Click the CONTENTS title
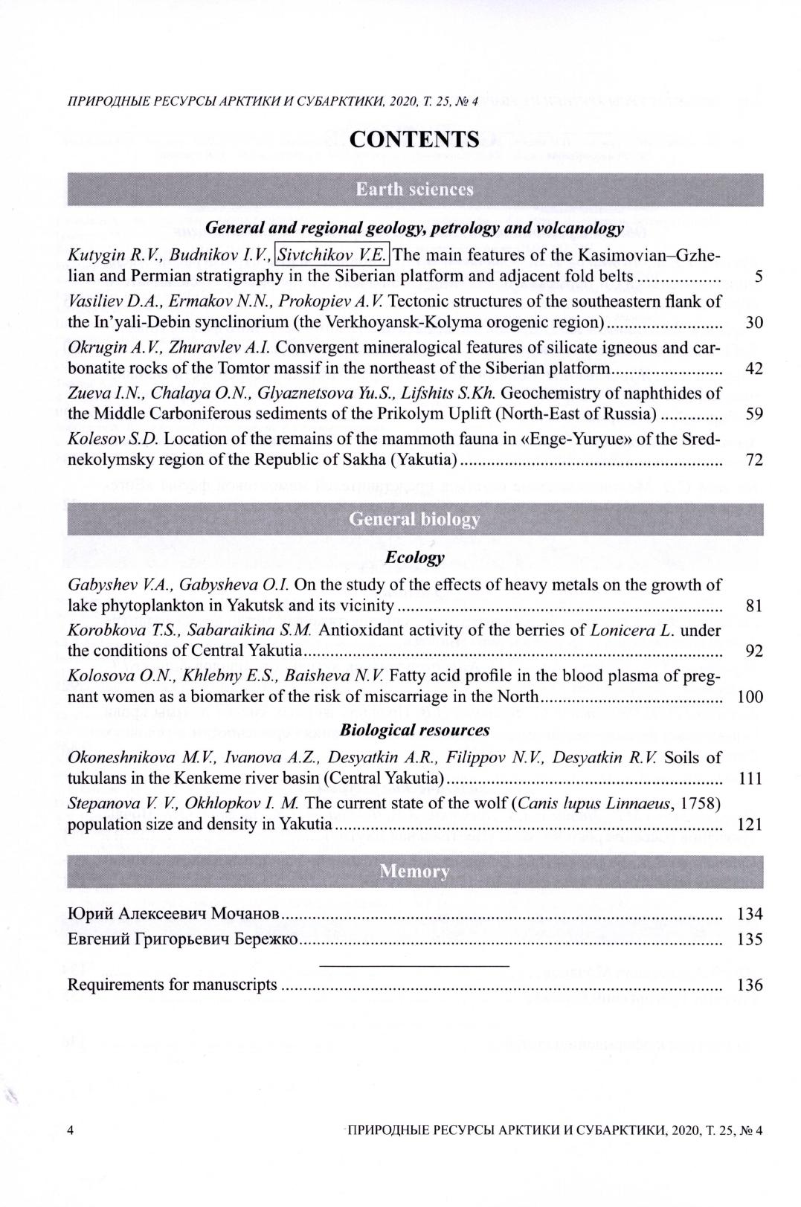tap(414, 139)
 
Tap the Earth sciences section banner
tap(414, 189)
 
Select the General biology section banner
tap(414, 519)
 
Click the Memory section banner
tap(414, 871)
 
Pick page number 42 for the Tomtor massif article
tap(753, 369)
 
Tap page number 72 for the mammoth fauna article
tap(753, 460)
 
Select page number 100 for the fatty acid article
tap(750, 697)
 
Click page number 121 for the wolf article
tap(750, 825)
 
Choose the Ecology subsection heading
tap(415, 557)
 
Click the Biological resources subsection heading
tap(414, 730)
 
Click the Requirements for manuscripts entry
tap(172, 985)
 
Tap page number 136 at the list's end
tap(750, 985)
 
